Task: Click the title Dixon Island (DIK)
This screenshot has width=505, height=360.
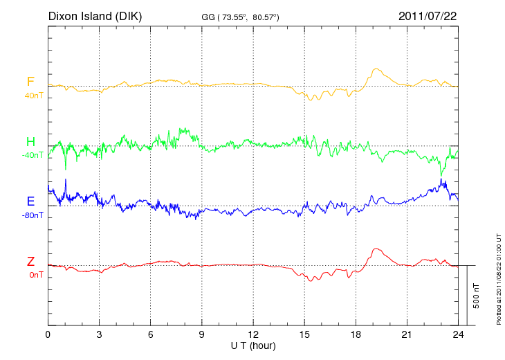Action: coord(95,16)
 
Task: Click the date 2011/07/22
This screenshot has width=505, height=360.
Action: coord(427,16)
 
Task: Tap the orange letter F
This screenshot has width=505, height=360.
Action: coord(30,82)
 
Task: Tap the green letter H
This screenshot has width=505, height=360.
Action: coord(30,142)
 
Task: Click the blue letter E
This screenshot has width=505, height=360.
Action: coord(30,201)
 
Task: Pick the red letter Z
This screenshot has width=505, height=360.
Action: coord(30,262)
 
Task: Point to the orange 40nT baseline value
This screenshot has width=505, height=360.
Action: coord(33,96)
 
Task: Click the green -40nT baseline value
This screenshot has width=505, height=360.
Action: coord(33,155)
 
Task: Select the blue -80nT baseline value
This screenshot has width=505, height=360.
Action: coord(33,215)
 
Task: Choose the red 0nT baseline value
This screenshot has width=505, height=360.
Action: coord(35,275)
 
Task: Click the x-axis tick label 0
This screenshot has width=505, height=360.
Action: coord(48,335)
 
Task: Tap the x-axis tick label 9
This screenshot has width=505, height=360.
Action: coord(202,335)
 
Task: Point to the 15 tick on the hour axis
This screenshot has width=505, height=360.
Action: coord(304,335)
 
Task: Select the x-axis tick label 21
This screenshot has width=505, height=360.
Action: coord(407,335)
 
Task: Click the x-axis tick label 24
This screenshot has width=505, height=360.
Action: coord(458,335)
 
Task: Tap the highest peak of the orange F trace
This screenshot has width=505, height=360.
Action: coord(376,69)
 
